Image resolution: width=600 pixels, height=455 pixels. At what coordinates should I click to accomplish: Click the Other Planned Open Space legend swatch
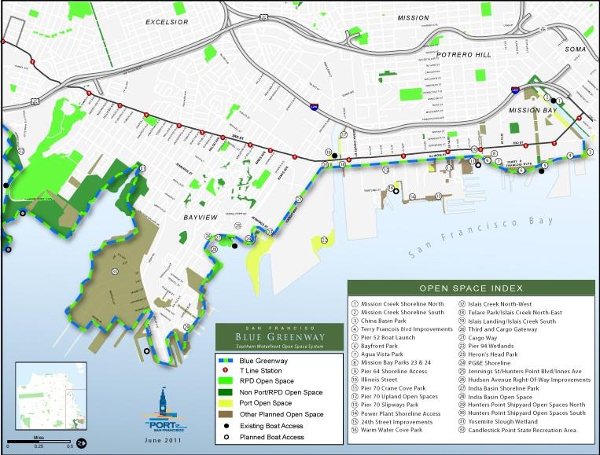point(228,412)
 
